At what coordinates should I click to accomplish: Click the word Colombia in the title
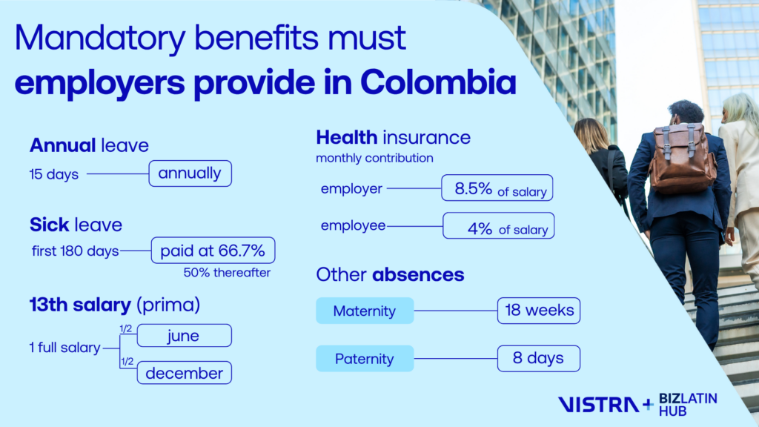click(x=438, y=82)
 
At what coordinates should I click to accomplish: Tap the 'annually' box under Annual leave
click(x=190, y=173)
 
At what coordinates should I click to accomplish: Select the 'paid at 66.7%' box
click(x=213, y=251)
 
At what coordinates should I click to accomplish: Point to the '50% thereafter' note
click(x=227, y=273)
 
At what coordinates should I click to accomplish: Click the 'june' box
click(x=185, y=336)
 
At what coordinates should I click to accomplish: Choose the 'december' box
click(x=185, y=373)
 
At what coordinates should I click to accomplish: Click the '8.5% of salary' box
click(x=497, y=188)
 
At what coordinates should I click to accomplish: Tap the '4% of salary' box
click(x=499, y=225)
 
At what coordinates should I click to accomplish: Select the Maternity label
click(x=365, y=311)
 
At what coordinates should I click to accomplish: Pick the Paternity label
click(x=365, y=359)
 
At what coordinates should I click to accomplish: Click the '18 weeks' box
click(x=539, y=311)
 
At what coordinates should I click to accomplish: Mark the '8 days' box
click(x=539, y=359)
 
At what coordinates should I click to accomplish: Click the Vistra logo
click(x=599, y=405)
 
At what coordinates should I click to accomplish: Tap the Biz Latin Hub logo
click(x=688, y=405)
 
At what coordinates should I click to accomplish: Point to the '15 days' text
click(x=53, y=174)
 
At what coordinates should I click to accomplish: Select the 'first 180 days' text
click(x=76, y=251)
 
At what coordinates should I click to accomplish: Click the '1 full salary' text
click(x=65, y=348)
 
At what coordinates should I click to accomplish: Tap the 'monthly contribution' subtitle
click(x=374, y=158)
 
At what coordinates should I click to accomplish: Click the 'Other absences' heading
click(x=390, y=274)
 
